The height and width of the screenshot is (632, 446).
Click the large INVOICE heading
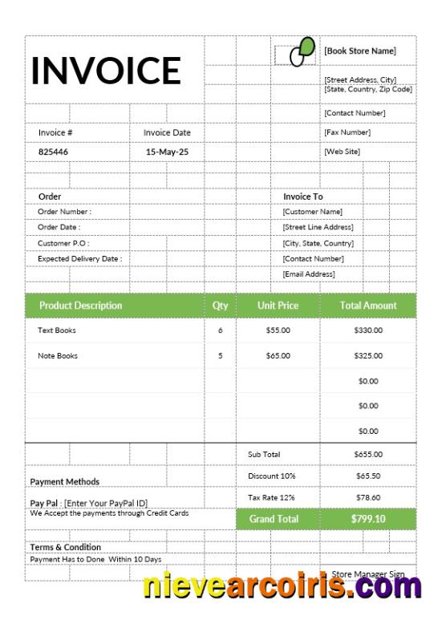[x=106, y=70]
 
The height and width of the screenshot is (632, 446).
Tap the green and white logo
[x=301, y=52]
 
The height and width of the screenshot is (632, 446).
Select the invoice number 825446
[x=54, y=151]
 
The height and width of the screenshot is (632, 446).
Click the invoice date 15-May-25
[x=167, y=151]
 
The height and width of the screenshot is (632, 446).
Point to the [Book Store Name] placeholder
[x=360, y=51]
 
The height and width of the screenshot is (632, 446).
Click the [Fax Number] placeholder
[x=347, y=132]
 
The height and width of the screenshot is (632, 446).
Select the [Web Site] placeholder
[x=343, y=151]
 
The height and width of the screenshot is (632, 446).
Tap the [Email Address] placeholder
[x=309, y=274]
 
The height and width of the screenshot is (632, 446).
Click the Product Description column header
[x=81, y=306]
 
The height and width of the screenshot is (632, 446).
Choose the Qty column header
[x=221, y=306]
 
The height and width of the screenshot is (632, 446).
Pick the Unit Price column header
[x=278, y=306]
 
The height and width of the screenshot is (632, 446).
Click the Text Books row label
[x=57, y=330]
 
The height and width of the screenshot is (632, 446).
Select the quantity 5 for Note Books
[x=221, y=355]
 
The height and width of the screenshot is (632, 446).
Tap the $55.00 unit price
[x=278, y=330]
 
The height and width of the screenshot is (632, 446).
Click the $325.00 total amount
[x=368, y=355]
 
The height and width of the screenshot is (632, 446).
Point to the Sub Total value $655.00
[x=368, y=455]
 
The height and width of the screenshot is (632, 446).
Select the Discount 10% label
[x=272, y=476]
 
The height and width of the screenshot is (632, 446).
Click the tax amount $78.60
[x=368, y=498]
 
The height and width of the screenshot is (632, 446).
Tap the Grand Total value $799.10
[x=368, y=519]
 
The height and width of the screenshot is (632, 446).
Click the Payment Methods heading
[x=65, y=481]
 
